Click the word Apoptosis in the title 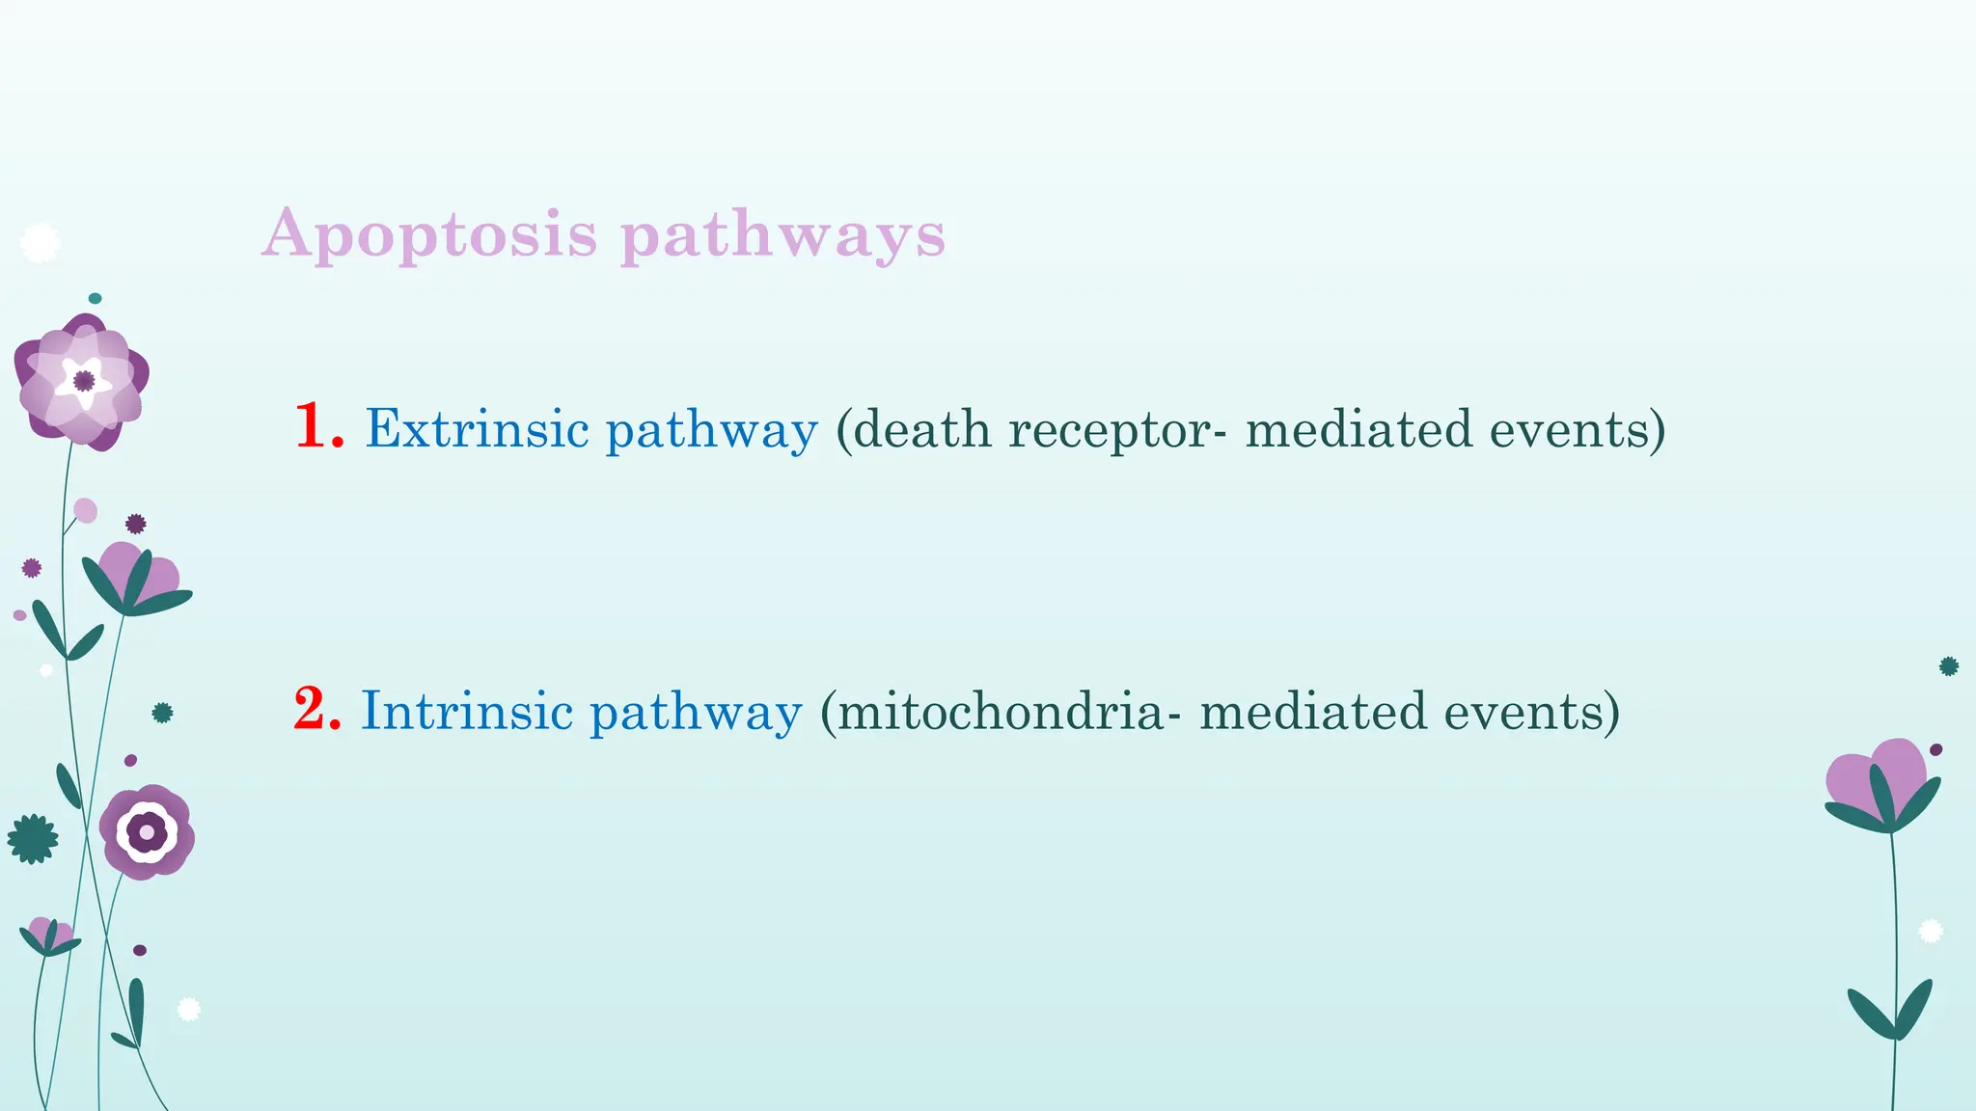point(430,234)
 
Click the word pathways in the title point(782,234)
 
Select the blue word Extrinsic point(477,428)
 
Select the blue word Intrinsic point(467,712)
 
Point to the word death point(921,428)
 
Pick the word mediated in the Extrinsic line point(1358,428)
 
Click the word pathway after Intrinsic point(695,714)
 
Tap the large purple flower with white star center point(83,382)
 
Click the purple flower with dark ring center point(147,831)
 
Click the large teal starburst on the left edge point(33,838)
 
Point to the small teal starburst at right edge point(1948,665)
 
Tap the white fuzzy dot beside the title point(40,243)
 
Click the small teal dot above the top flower point(95,298)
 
